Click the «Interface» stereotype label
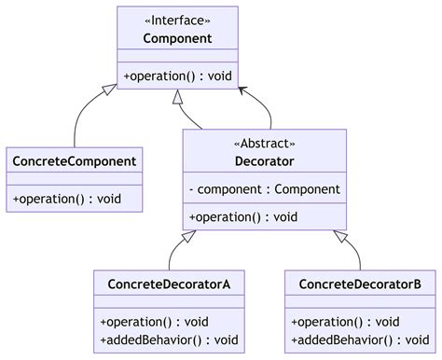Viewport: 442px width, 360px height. [176, 21]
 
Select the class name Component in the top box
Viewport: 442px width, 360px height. [176, 39]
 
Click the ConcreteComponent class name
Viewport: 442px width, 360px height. [75, 161]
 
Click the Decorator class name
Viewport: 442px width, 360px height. [264, 161]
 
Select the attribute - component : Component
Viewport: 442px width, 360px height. [264, 189]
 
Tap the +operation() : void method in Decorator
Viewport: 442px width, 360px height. [242, 216]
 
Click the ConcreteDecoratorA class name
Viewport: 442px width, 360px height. [169, 284]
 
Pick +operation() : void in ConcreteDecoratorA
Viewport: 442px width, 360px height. [154, 321]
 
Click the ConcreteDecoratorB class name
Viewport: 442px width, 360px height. [360, 284]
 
